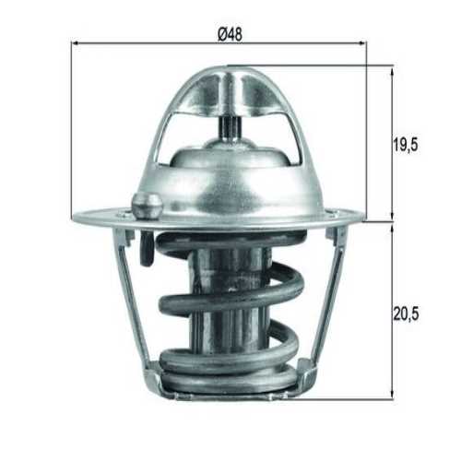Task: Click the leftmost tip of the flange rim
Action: click(74, 218)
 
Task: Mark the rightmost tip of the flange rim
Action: click(364, 219)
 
